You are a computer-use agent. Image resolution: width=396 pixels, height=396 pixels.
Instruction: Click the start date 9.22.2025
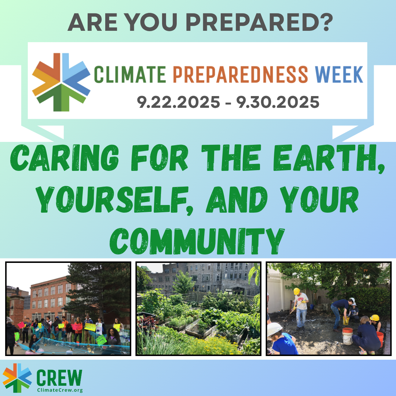tap(178, 102)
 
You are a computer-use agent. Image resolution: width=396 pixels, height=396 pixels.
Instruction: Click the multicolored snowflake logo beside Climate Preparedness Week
tap(61, 81)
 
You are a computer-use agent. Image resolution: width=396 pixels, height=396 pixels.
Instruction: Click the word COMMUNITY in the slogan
tap(198, 237)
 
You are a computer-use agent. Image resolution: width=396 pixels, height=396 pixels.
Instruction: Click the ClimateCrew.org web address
tap(60, 390)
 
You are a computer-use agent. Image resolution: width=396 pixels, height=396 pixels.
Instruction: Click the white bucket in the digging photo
tap(347, 335)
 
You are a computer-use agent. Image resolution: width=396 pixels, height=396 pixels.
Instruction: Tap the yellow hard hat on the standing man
tap(297, 291)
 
